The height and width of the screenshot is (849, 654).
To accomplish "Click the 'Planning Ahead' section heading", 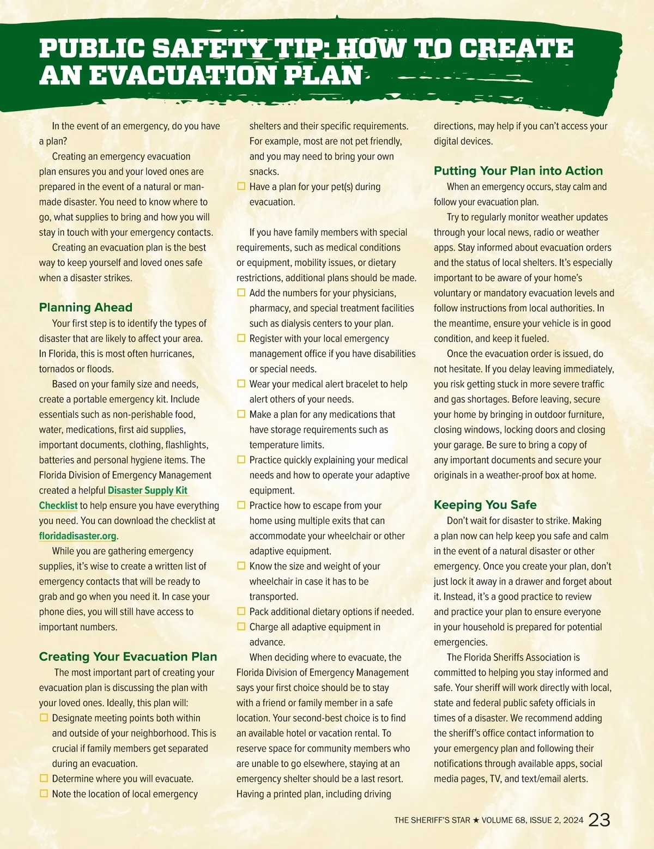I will tap(86, 307).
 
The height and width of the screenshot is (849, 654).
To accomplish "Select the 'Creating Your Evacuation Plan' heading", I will tap(128, 657).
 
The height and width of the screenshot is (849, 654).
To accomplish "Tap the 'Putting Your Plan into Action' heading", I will tap(518, 171).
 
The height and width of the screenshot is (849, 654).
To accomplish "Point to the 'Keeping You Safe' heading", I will tap(485, 505).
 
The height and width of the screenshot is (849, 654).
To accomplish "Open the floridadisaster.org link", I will tap(78, 536).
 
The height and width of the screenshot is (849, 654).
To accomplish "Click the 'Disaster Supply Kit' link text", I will tap(148, 490).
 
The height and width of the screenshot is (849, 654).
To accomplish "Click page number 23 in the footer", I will tap(599, 820).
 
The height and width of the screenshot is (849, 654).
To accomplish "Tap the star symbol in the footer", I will tap(476, 820).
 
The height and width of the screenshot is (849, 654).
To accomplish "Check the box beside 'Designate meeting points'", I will tap(44, 718).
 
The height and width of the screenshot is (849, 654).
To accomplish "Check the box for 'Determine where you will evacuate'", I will tap(44, 779).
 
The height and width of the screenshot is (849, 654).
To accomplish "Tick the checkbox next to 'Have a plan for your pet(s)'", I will tap(241, 186).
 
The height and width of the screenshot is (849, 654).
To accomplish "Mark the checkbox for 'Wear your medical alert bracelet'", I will tap(241, 384).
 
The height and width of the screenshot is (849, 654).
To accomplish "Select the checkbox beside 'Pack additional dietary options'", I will tap(241, 611).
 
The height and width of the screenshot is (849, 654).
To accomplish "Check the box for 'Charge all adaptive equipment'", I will tap(241, 627).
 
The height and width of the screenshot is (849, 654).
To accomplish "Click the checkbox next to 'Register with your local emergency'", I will tap(241, 338).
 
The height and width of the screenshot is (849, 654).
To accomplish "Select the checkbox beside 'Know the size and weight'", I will tap(241, 566).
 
